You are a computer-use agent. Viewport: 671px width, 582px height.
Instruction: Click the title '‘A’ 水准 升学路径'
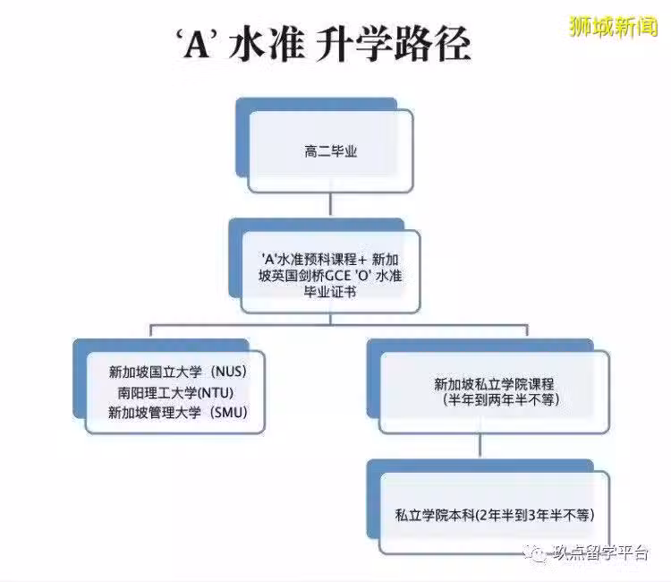pyautogui.click(x=323, y=44)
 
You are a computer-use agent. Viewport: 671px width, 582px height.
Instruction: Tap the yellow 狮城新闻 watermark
pyautogui.click(x=613, y=26)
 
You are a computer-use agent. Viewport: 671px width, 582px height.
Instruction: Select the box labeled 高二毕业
pyautogui.click(x=331, y=150)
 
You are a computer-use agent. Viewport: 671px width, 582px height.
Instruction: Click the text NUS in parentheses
pyautogui.click(x=230, y=372)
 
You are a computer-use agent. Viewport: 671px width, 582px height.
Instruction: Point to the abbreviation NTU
pyautogui.click(x=217, y=393)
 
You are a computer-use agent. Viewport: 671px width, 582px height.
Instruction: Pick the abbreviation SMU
pyautogui.click(x=230, y=413)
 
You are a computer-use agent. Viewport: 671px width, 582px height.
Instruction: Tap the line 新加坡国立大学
pyautogui.click(x=155, y=372)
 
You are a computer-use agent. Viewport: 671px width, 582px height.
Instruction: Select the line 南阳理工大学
pyautogui.click(x=157, y=393)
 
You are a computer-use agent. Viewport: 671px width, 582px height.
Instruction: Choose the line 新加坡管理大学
pyautogui.click(x=155, y=413)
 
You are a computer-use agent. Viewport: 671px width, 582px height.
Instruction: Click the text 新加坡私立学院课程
pyautogui.click(x=494, y=384)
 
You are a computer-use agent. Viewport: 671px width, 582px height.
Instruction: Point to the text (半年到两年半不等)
pyautogui.click(x=501, y=400)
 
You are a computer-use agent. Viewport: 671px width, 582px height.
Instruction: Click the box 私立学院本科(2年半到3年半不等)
pyautogui.click(x=494, y=513)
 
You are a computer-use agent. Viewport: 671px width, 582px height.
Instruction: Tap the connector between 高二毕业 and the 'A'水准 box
pyautogui.click(x=330, y=203)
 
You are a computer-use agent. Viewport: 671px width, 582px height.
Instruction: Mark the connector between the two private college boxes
pyautogui.click(x=480, y=445)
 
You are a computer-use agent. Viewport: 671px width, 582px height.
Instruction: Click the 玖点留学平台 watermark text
pyautogui.click(x=599, y=552)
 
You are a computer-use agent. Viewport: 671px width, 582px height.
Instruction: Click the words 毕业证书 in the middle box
pyautogui.click(x=330, y=292)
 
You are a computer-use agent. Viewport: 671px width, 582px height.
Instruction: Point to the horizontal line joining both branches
pyautogui.click(x=339, y=325)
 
